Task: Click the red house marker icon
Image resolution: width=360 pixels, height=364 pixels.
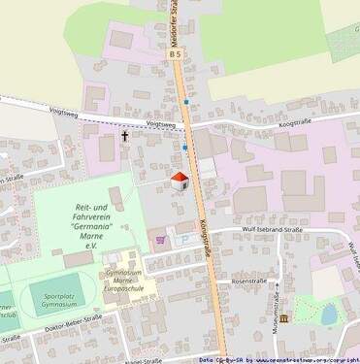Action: click(180, 180)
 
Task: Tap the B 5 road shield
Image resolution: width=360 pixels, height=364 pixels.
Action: click(176, 55)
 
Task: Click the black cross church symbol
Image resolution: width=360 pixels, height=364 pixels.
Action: click(124, 137)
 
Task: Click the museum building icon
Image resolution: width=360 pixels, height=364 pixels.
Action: click(282, 317)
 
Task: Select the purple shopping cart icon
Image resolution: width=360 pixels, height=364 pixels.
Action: click(161, 238)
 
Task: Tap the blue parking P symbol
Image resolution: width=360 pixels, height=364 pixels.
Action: click(181, 238)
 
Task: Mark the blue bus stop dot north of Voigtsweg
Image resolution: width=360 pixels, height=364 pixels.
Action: click(186, 102)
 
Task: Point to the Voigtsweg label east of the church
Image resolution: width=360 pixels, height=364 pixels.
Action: click(162, 124)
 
